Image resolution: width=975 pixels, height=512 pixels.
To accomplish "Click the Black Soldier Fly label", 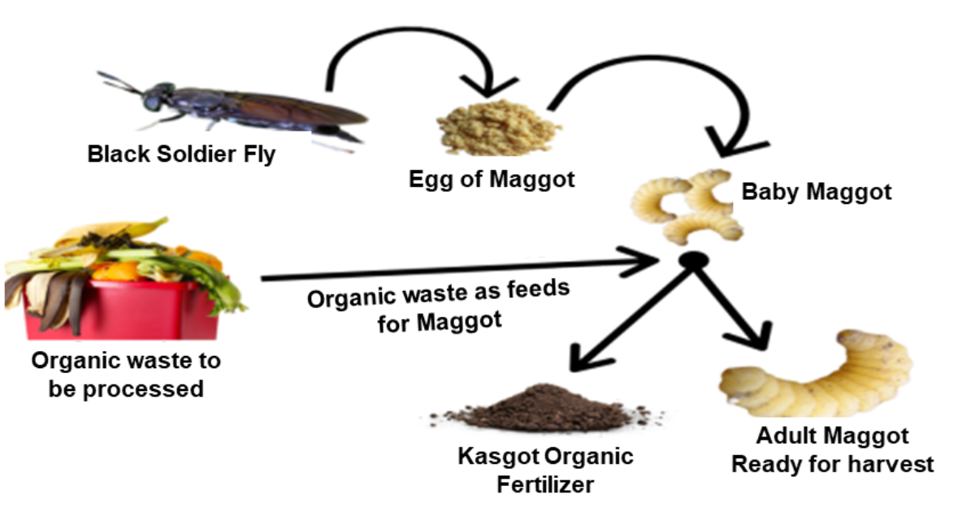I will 181,154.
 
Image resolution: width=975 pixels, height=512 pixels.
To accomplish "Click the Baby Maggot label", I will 816,192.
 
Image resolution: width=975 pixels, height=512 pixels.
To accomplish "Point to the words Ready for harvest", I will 832,464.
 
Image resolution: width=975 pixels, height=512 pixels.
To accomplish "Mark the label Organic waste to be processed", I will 125,374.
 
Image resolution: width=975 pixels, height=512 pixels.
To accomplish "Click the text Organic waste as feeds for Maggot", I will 439,306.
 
